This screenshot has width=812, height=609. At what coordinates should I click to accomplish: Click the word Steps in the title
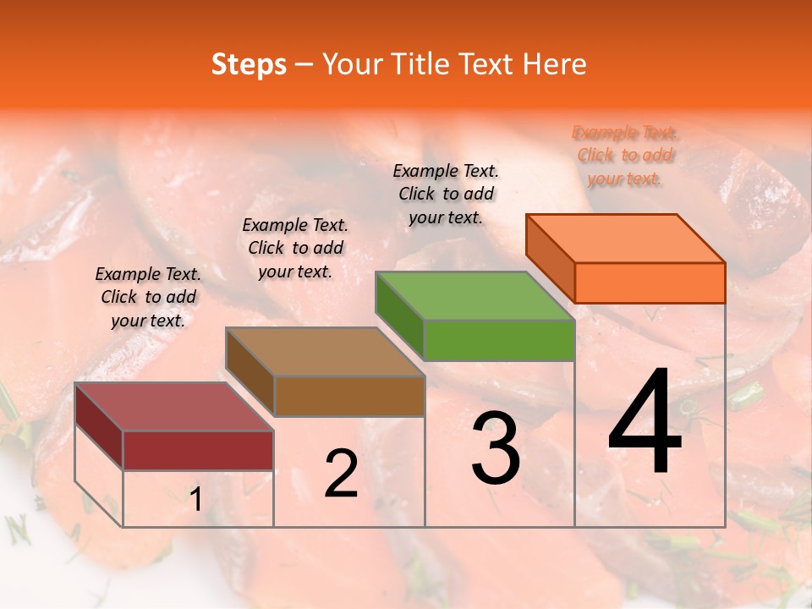[x=249, y=64]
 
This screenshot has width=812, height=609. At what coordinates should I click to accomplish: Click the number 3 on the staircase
[x=496, y=448]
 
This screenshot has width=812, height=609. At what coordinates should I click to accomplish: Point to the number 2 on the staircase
[x=341, y=474]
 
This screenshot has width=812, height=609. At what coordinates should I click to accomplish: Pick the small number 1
[x=196, y=500]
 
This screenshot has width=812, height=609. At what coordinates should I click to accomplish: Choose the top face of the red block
[x=174, y=407]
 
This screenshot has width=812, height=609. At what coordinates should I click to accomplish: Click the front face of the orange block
[x=650, y=283]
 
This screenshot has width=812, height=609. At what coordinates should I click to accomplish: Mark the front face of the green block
[x=499, y=340]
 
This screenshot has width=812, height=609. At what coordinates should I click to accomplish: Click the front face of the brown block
[x=349, y=396]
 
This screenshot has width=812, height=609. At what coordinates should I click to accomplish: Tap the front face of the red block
[x=198, y=450]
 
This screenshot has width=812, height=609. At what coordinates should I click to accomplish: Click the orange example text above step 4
[x=625, y=155]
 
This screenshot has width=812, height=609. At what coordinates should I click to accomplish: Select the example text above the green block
[x=446, y=194]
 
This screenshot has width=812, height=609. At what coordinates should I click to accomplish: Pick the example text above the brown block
[x=295, y=248]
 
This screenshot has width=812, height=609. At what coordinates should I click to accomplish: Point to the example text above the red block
[x=148, y=297]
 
